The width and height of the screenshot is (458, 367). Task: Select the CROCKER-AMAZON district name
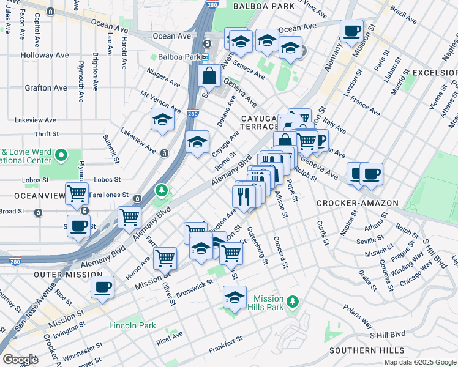(358, 203)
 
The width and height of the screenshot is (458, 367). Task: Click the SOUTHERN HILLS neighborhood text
(367, 350)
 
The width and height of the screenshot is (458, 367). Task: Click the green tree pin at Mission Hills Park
(293, 301)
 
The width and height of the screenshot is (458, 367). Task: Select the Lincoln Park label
(132, 325)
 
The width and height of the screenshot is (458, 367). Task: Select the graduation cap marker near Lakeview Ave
(163, 120)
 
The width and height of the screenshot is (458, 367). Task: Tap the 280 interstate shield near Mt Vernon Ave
(192, 113)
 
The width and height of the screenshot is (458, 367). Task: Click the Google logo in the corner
(20, 360)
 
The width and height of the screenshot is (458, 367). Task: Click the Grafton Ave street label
(46, 88)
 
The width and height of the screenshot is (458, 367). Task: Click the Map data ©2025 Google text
(420, 362)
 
